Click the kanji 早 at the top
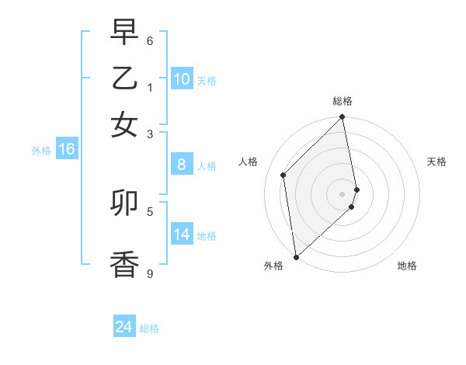124,32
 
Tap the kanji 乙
124,78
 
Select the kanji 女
124,123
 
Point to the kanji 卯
124,203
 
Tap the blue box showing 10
182,79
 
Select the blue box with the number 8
182,165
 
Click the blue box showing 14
182,235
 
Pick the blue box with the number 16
67,150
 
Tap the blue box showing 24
124,327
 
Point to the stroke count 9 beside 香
150,273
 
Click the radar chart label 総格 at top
343,101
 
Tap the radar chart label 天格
436,162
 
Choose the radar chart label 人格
248,162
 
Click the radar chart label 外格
273,266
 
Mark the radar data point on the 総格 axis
343,118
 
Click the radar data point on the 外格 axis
296,256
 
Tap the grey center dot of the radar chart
343,193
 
